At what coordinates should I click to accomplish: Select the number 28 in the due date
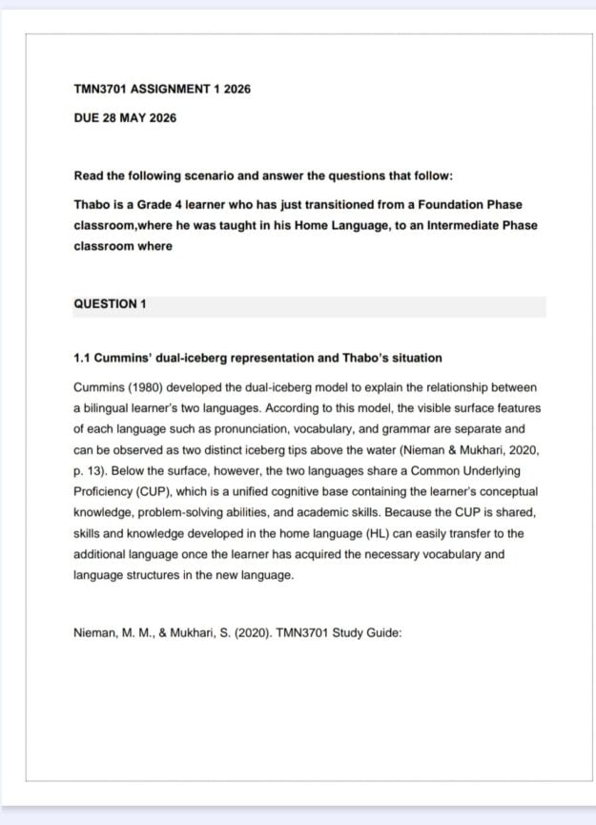(111, 118)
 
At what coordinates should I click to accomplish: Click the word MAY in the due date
(134, 118)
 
